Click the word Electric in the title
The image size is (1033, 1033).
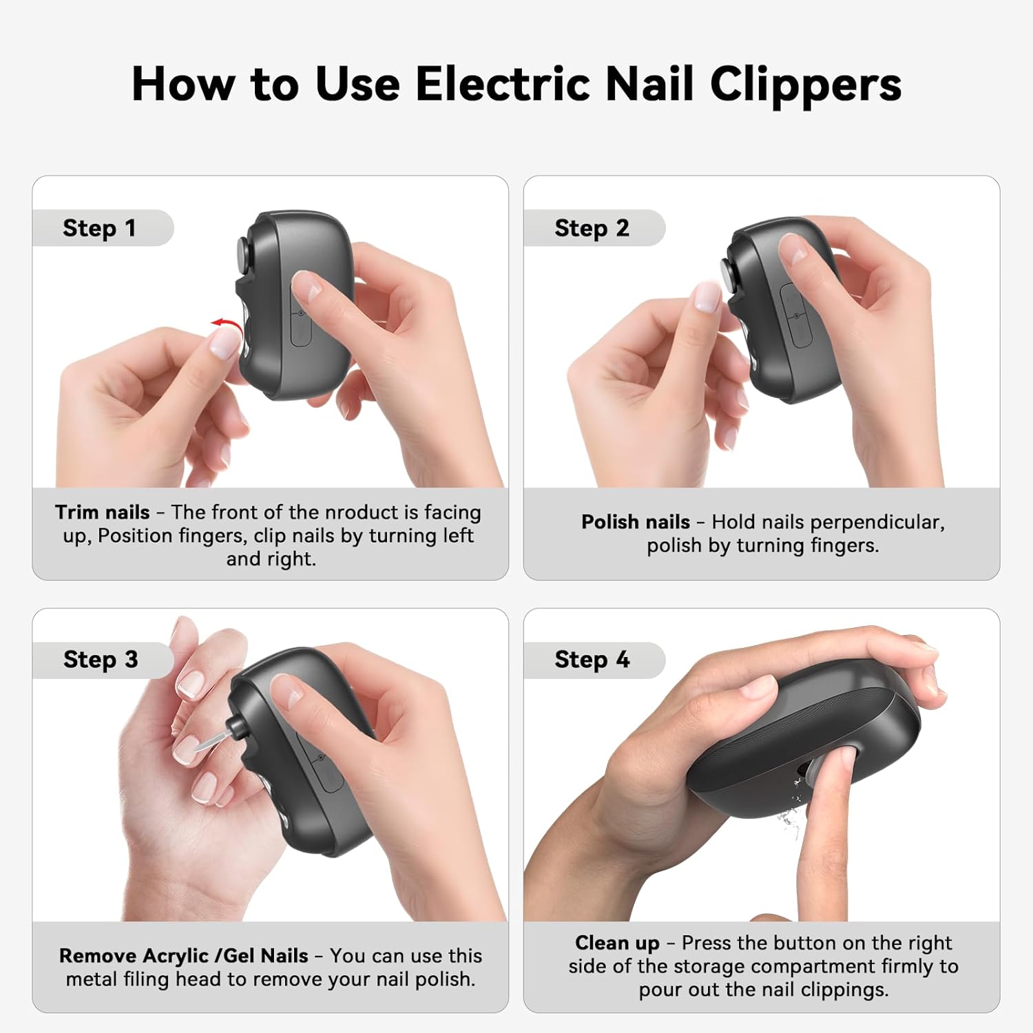point(503,84)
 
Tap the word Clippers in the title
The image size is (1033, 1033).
point(805,85)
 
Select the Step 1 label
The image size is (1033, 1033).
point(99,228)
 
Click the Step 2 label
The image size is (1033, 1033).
point(592,228)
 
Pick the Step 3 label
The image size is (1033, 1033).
point(101,660)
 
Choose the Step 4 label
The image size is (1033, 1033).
point(592,660)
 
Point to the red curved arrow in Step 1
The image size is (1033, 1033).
point(225,323)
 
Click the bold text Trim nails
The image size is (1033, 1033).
point(102,512)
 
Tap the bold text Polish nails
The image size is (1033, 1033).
point(635,522)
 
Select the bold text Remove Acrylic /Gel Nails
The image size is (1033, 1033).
point(183,956)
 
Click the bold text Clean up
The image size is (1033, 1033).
point(617,943)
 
